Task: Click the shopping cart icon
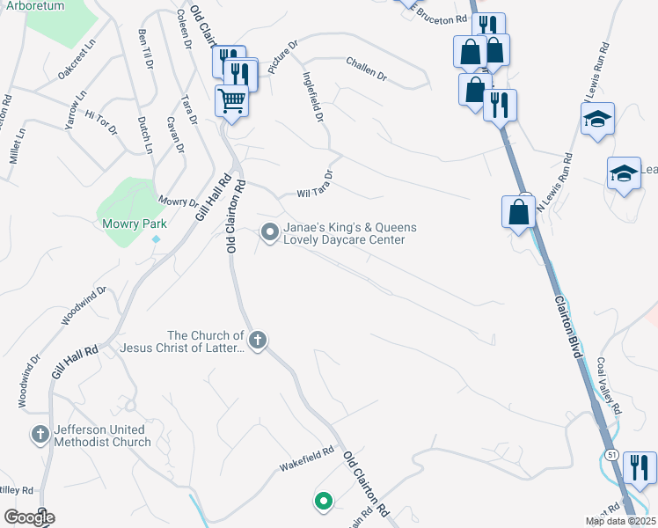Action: pos(232,100)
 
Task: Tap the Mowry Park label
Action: pos(135,224)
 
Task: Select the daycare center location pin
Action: pos(269,232)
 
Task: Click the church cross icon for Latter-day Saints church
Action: pos(257,340)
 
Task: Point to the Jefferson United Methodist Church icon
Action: pos(40,434)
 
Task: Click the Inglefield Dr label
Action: pos(313,97)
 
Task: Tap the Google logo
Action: pos(29,517)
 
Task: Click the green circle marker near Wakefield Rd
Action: pos(323,502)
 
